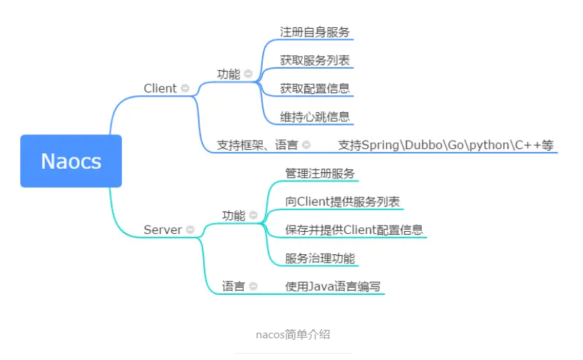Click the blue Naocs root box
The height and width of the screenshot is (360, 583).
click(x=71, y=161)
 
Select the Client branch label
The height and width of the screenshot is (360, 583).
click(x=160, y=88)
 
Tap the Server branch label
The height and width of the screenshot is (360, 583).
click(x=163, y=230)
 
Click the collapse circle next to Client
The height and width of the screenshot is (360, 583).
click(x=185, y=88)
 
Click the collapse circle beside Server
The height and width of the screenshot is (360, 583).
click(x=189, y=230)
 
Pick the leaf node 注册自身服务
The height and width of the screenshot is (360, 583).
click(x=315, y=32)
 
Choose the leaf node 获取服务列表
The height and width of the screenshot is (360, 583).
click(x=315, y=60)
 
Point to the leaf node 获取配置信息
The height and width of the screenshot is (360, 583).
click(x=315, y=88)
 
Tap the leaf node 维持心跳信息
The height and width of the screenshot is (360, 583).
click(x=315, y=116)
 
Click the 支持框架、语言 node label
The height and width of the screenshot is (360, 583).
click(x=257, y=145)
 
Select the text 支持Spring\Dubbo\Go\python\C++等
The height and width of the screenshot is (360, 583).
click(x=446, y=145)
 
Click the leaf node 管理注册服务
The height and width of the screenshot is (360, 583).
click(x=320, y=173)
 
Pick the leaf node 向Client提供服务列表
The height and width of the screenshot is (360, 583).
click(x=343, y=202)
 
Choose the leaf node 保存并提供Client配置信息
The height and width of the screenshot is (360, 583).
click(x=354, y=230)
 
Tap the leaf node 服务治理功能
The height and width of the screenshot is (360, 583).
click(x=320, y=258)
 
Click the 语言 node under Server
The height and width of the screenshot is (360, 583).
click(x=233, y=286)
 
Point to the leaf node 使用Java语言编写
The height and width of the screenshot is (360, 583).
click(x=334, y=286)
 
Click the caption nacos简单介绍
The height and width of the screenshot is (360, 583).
click(x=293, y=334)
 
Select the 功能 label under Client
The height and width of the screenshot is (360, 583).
click(x=228, y=74)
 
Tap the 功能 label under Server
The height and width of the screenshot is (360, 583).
click(x=233, y=216)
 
